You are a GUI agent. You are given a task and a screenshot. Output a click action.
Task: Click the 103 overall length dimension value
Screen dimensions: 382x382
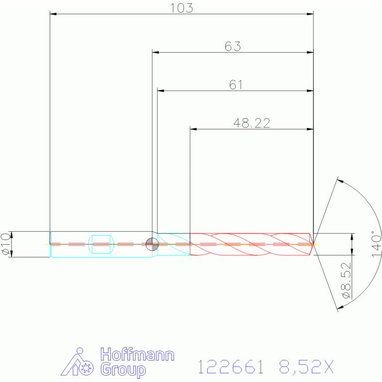pyautogui.click(x=181, y=8)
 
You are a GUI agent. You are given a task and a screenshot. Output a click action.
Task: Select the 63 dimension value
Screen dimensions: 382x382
pyautogui.click(x=233, y=46)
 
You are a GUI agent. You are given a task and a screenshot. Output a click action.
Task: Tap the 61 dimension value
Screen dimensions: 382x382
pyautogui.click(x=236, y=85)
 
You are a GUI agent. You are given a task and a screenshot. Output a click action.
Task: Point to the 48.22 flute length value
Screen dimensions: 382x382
pyautogui.click(x=252, y=123)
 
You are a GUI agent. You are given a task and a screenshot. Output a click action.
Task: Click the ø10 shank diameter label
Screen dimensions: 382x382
pyautogui.click(x=6, y=244)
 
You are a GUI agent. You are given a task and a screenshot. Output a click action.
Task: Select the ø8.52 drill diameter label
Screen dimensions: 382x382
pyautogui.click(x=347, y=280)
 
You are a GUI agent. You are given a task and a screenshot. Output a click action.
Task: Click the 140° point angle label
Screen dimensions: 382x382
pyautogui.click(x=376, y=244)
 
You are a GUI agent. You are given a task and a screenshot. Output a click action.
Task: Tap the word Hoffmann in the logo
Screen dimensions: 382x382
pyautogui.click(x=137, y=355)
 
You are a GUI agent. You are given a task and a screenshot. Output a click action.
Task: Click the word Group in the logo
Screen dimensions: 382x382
pyautogui.click(x=123, y=370)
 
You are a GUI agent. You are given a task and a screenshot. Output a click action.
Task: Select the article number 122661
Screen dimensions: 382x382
pyautogui.click(x=231, y=367)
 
